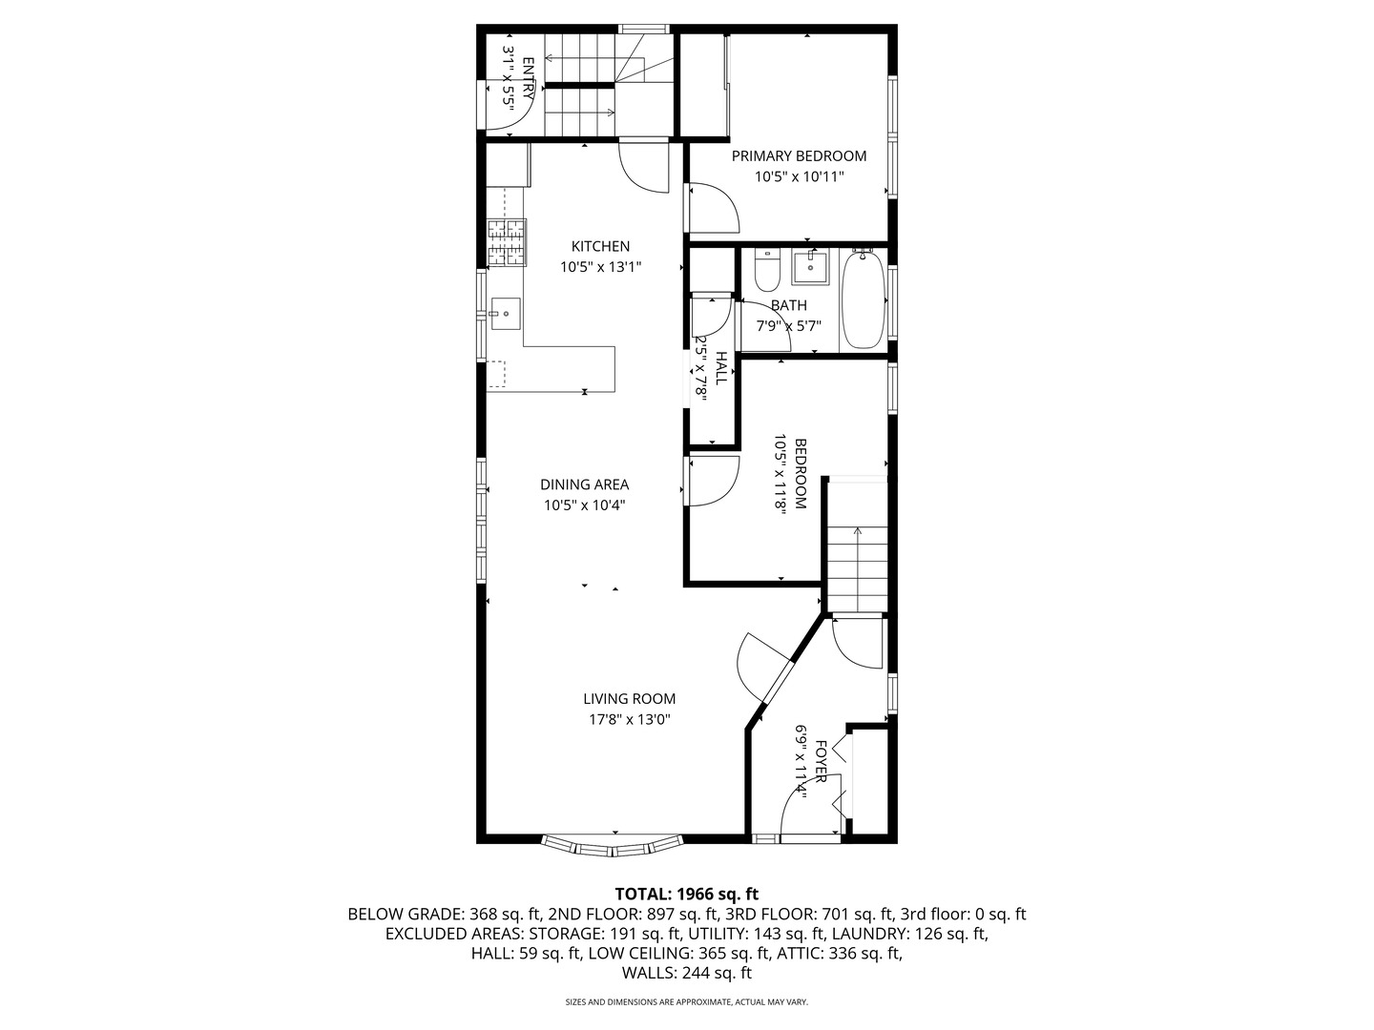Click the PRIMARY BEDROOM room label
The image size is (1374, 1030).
(799, 155)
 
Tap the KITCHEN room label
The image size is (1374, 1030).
(600, 246)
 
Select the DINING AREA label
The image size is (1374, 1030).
(585, 484)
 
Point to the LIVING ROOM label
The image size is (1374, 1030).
(630, 698)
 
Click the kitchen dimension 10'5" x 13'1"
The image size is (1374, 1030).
(600, 267)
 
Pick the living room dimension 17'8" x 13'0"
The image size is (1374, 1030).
(630, 719)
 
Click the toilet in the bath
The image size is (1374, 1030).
(766, 270)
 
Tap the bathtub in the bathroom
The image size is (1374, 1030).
(864, 299)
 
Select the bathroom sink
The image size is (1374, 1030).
(810, 267)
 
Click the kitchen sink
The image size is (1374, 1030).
(505, 314)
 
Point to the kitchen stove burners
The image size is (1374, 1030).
(507, 242)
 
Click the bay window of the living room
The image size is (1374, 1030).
(612, 845)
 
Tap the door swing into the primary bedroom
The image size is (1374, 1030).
(714, 208)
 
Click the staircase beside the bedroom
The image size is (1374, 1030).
(857, 568)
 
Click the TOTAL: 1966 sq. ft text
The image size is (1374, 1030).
(687, 894)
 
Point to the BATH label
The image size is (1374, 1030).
(789, 305)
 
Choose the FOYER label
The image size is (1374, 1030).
(821, 761)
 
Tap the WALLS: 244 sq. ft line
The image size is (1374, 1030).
(687, 973)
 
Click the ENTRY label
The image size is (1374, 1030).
(529, 78)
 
